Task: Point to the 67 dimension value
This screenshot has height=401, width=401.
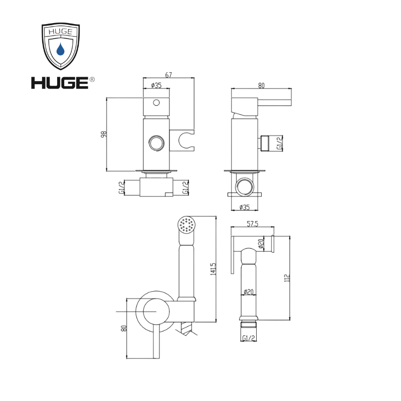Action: [169, 76]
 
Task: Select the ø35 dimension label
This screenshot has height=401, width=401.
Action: [156, 85]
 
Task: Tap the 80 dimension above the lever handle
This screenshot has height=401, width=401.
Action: [260, 85]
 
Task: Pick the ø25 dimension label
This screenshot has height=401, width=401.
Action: [245, 207]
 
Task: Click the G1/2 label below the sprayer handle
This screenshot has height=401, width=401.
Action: [249, 339]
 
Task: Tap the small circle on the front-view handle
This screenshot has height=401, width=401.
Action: [156, 103]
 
